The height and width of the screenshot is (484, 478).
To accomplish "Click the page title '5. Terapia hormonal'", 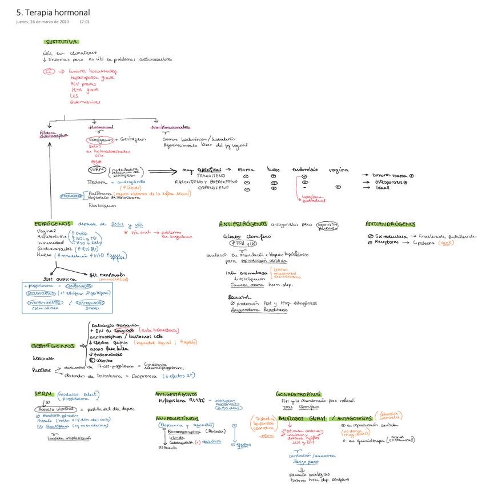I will click(x=53, y=12).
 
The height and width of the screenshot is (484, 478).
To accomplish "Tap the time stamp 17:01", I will click(x=85, y=22).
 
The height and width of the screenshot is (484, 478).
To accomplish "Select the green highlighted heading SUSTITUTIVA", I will click(x=62, y=42).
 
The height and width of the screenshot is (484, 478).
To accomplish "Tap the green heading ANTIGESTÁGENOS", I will click(x=176, y=394).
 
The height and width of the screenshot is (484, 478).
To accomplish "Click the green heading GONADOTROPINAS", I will click(x=299, y=394).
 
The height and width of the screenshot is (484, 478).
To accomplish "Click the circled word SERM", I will click(x=96, y=170).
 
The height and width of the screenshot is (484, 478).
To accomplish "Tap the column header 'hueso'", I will click(x=275, y=170).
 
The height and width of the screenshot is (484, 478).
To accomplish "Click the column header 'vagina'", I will click(x=339, y=170).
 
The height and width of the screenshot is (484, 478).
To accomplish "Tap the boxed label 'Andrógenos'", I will click(x=72, y=195).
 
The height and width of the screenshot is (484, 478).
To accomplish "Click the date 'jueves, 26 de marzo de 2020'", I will click(x=42, y=22).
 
